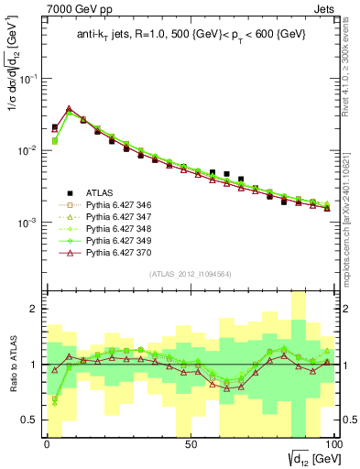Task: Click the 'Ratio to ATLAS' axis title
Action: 11,365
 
